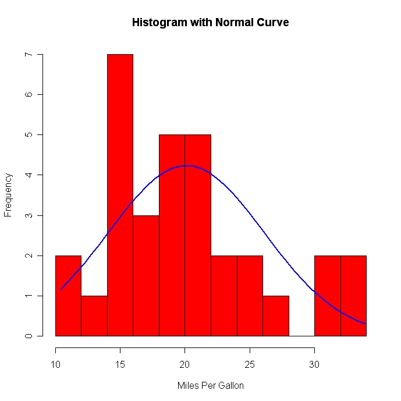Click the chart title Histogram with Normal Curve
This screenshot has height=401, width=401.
(x=210, y=23)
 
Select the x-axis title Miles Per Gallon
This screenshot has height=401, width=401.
(x=210, y=385)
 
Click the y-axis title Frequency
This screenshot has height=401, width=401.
(x=8, y=195)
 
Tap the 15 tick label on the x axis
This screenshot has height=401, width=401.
(x=120, y=365)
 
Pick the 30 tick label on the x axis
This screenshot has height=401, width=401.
(x=314, y=365)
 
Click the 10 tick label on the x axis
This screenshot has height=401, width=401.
(x=55, y=365)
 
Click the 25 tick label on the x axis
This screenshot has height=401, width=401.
(x=250, y=365)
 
